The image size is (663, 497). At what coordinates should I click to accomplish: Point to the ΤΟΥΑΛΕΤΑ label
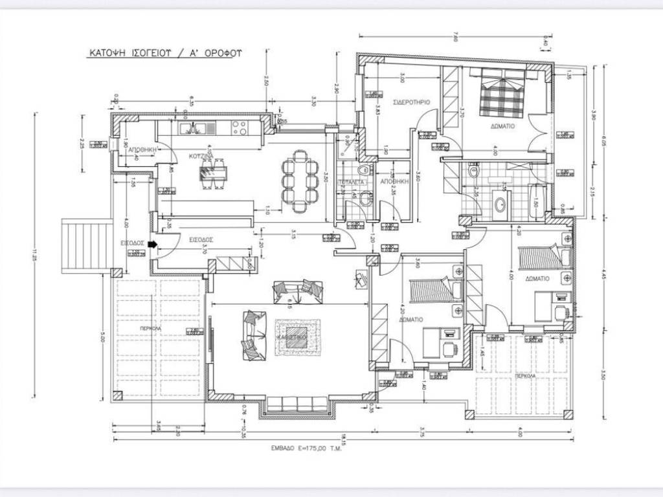351,182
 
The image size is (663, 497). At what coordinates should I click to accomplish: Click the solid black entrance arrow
152,245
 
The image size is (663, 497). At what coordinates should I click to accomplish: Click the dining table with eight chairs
300,181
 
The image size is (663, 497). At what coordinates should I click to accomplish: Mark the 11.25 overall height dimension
33,258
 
